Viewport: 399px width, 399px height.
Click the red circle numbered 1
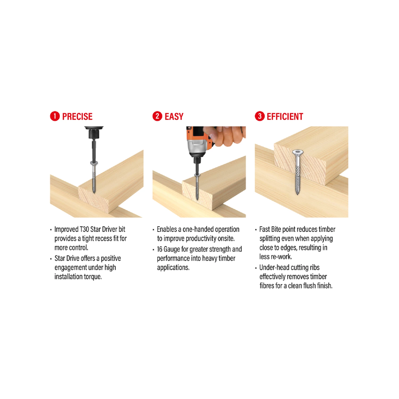(55, 116)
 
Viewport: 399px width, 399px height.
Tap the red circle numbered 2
(157, 116)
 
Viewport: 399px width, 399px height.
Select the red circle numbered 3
(260, 116)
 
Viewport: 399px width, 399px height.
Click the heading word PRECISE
(77, 117)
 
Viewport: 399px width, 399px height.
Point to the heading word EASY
(174, 117)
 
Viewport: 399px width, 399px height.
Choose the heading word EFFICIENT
(285, 117)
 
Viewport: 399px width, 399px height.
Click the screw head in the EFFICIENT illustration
(298, 152)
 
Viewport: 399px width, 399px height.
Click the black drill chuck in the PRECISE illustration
(94, 133)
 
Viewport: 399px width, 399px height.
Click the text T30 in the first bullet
(84, 229)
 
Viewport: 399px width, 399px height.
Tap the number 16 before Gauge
(160, 249)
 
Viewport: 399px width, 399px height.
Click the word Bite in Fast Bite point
(276, 229)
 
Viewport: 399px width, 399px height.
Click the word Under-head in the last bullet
(274, 267)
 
